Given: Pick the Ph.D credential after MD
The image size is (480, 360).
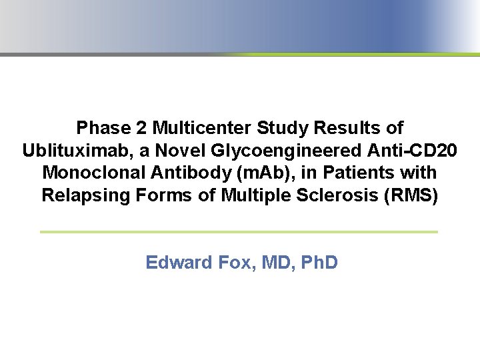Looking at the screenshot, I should point(319,263).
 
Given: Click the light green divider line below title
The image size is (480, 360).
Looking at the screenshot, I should point(239,231).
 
